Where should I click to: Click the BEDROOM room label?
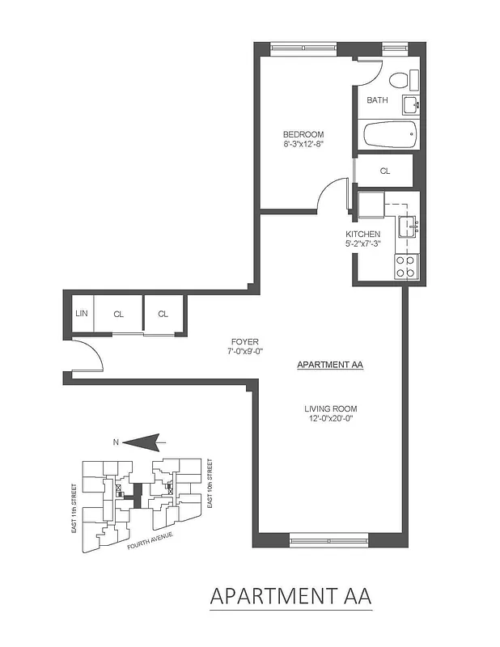[x=303, y=134]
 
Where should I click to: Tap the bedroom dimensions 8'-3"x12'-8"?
[x=303, y=145]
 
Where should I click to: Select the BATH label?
[x=377, y=100]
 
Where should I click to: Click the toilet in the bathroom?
[x=400, y=80]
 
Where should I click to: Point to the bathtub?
[x=389, y=133]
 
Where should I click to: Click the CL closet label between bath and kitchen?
[x=384, y=171]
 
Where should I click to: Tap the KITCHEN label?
[x=362, y=234]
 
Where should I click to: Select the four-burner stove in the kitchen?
[x=405, y=267]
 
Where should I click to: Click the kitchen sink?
[x=407, y=226]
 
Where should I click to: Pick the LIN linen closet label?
[x=81, y=314]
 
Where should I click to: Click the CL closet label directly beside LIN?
[x=118, y=314]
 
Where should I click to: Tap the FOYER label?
[x=245, y=341]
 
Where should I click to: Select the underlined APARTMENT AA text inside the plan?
[x=330, y=366]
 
